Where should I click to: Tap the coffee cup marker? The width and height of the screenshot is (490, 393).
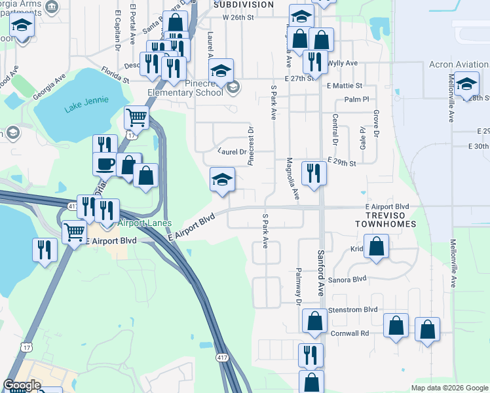click(105, 164)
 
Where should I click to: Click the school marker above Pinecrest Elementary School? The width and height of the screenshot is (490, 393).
click(222, 70)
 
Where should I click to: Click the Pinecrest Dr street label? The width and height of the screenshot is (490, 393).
click(251, 147)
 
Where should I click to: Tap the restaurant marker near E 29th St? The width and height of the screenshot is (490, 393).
click(314, 173)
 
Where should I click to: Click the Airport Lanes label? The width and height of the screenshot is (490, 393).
click(145, 223)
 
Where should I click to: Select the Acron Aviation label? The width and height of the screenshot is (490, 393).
click(459, 65)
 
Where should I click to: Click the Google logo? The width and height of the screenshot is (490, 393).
click(22, 384)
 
